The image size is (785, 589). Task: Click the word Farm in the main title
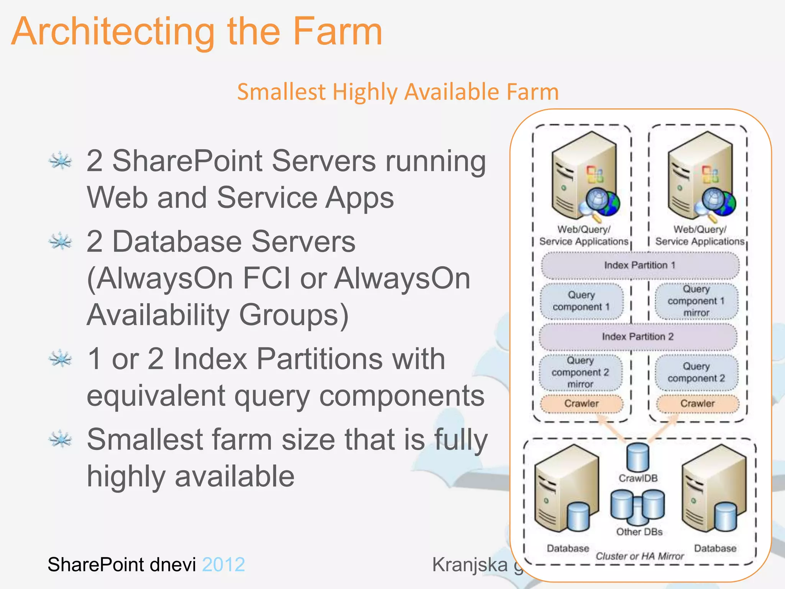coord(337,31)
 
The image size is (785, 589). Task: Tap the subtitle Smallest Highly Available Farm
coord(398,92)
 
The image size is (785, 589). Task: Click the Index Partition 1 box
coord(640,265)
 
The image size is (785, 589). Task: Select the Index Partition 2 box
coord(638,337)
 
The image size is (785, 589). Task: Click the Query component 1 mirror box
coord(696,301)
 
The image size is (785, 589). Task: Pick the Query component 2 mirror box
coord(580,372)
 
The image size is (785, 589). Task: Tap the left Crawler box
coord(581,403)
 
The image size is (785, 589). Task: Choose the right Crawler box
coord(698,403)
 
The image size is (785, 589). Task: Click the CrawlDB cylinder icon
coord(638,457)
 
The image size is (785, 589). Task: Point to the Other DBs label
coord(639,532)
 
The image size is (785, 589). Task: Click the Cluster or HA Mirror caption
coord(639,556)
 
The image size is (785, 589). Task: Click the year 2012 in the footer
coord(223,564)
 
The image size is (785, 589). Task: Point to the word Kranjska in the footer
coord(470,564)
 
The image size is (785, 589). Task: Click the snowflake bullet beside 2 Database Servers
coord(60,242)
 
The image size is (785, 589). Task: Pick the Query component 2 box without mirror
coord(696,372)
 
